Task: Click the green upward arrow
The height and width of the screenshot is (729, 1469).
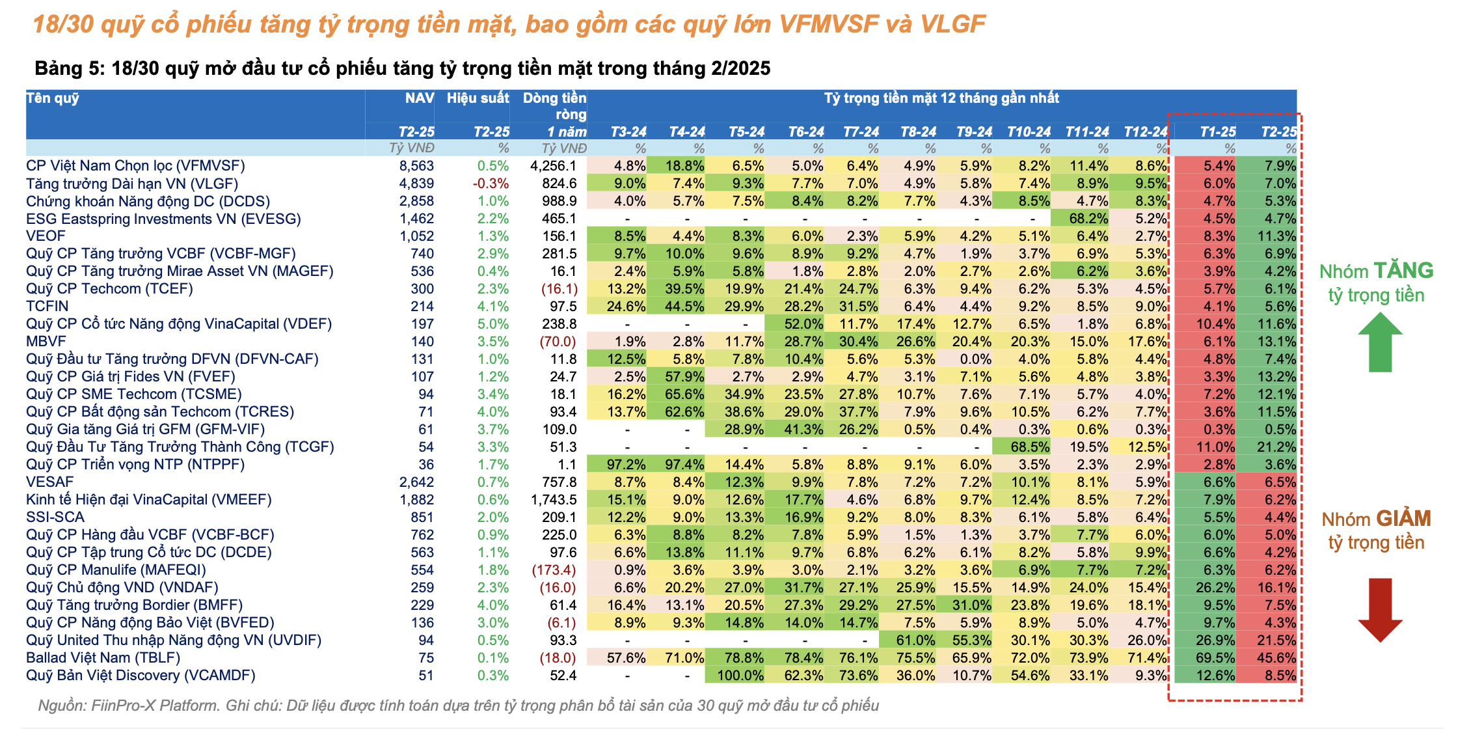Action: pyautogui.click(x=1380, y=342)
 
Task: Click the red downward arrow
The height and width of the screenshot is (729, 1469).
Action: pyautogui.click(x=1380, y=609)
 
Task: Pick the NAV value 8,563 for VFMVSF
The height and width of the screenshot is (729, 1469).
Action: pyautogui.click(x=416, y=166)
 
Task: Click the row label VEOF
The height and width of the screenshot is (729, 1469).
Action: pyautogui.click(x=46, y=236)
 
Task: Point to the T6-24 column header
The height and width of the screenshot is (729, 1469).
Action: pyautogui.click(x=806, y=132)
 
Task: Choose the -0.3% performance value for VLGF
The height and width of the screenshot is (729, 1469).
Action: pyautogui.click(x=491, y=184)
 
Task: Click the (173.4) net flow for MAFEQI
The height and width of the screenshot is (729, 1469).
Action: pyautogui.click(x=554, y=570)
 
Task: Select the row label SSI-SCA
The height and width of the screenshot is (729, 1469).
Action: pyautogui.click(x=55, y=517)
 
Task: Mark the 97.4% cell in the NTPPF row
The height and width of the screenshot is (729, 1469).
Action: pyautogui.click(x=684, y=465)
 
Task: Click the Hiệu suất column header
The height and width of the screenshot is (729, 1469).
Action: pyautogui.click(x=478, y=98)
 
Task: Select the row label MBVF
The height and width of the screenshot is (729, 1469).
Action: pyautogui.click(x=46, y=342)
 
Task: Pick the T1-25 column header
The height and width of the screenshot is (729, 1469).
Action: pyautogui.click(x=1217, y=132)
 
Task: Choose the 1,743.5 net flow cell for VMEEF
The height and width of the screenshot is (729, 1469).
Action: pyautogui.click(x=554, y=500)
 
